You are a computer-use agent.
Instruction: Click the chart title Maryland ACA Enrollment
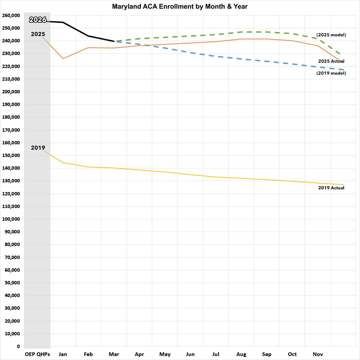180,6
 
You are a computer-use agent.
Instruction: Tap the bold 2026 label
38,20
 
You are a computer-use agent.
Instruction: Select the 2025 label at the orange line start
38,34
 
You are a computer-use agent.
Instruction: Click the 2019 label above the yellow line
38,148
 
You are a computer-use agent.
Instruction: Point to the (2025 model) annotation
331,35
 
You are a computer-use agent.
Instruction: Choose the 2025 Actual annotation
331,61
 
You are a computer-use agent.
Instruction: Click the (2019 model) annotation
331,73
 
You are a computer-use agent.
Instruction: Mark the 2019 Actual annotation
331,188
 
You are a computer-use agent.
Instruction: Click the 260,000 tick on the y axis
11,15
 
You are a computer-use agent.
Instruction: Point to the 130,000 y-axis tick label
11,181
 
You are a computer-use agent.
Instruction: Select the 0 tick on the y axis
18,346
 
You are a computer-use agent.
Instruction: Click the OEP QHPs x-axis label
37,354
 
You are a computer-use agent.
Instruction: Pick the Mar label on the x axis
114,354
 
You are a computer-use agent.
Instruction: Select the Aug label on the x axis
241,354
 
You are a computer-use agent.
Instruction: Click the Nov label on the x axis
318,354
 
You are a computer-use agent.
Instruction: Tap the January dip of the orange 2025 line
63,59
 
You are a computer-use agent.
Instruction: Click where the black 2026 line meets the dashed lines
114,41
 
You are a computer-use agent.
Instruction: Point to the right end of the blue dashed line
343,70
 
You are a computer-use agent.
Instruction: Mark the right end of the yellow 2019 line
343,185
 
